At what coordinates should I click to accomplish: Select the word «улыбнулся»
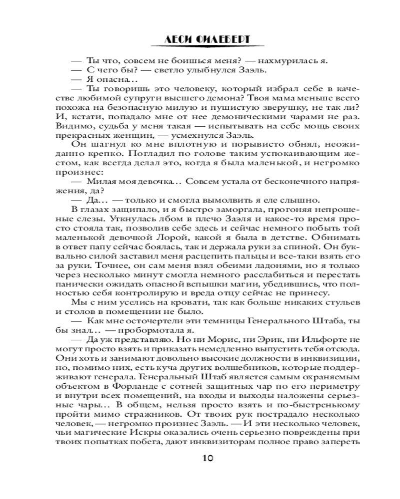196,70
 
